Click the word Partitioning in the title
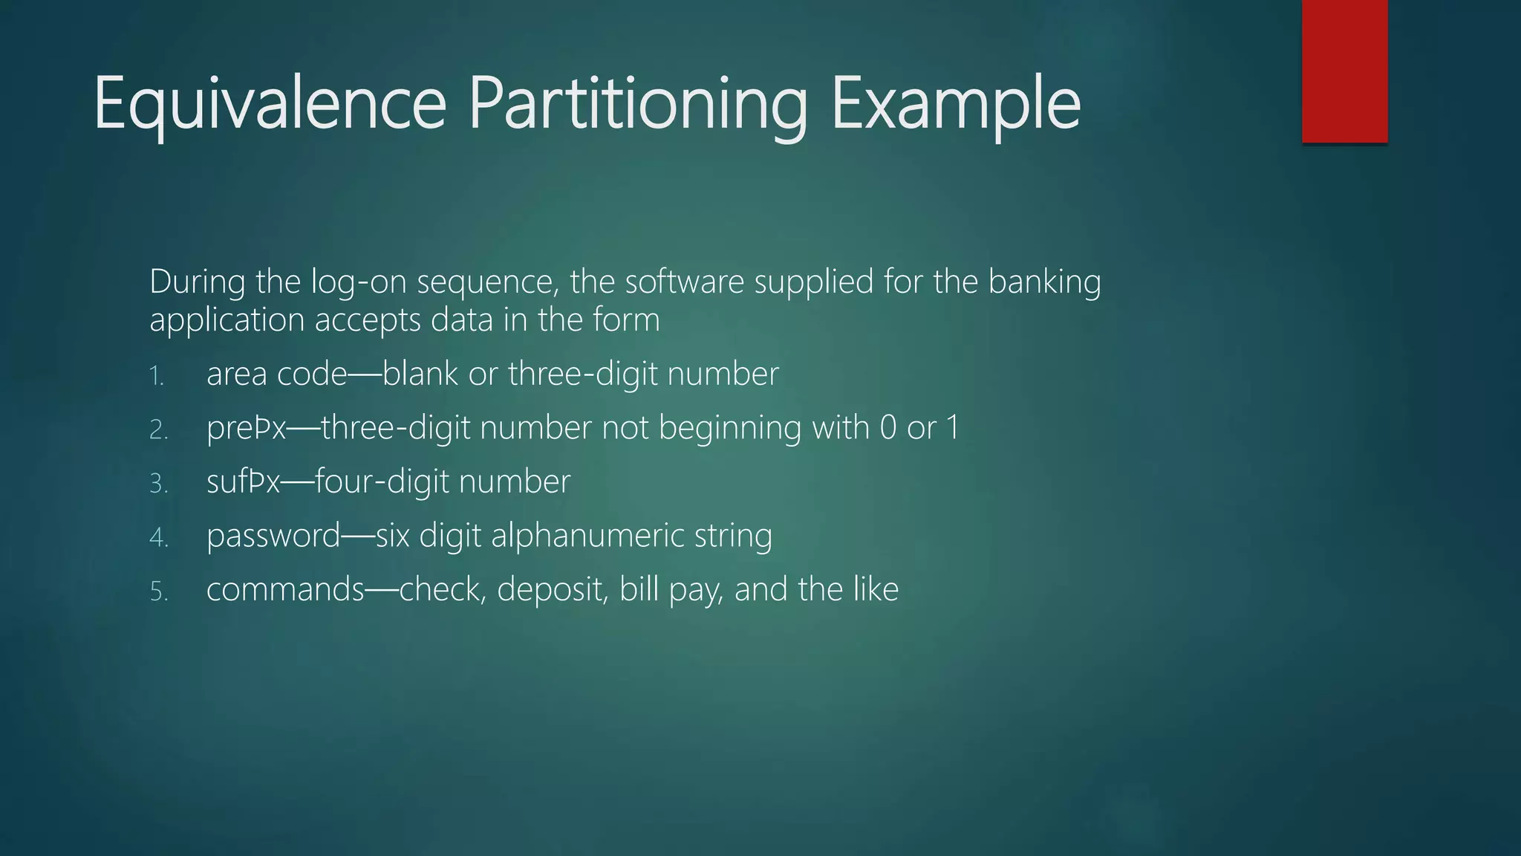tap(637, 104)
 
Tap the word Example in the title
tap(955, 104)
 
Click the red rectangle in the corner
tap(1344, 71)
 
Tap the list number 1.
tap(156, 376)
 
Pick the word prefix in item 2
tap(246, 428)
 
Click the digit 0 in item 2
tap(887, 428)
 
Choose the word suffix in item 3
tap(243, 482)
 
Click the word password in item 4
tap(273, 536)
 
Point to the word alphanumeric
tap(587, 536)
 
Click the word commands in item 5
tap(285, 590)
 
